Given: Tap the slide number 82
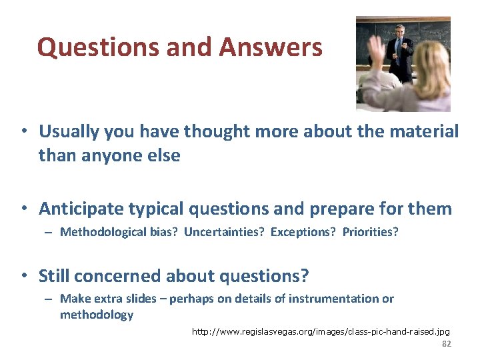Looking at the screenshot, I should [x=447, y=343].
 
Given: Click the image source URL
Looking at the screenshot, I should [x=321, y=331].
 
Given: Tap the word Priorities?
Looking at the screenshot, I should [x=370, y=232].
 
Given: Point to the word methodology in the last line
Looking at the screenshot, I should [x=97, y=315].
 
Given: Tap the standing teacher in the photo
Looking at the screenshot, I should [x=401, y=50].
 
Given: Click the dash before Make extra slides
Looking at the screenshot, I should [x=49, y=299].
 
